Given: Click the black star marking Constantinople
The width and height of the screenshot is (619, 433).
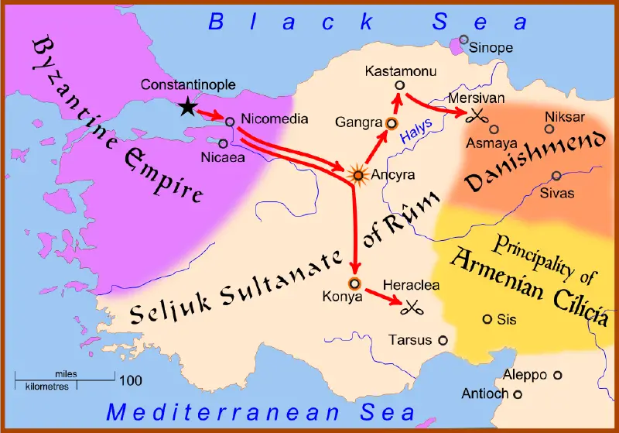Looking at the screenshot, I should [x=186, y=107].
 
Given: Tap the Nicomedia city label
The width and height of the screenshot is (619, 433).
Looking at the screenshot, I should [x=275, y=119].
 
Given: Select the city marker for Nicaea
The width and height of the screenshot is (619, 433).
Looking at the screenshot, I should [x=223, y=143].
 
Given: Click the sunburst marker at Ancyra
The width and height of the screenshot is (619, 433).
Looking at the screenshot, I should [x=357, y=174].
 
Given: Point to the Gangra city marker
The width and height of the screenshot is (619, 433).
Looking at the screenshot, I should [x=391, y=122].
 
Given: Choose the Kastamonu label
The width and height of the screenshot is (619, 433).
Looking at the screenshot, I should [x=399, y=71].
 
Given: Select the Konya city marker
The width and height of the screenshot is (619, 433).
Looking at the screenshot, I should [x=355, y=283].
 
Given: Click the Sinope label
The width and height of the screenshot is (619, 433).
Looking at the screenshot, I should [x=491, y=48].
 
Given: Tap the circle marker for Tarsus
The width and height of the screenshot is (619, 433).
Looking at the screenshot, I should [x=443, y=340].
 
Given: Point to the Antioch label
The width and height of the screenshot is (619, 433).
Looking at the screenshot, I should [x=485, y=393].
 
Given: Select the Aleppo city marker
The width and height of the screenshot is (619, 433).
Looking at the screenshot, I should [x=557, y=375].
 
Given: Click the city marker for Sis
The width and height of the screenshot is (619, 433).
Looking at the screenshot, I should [x=487, y=319].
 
